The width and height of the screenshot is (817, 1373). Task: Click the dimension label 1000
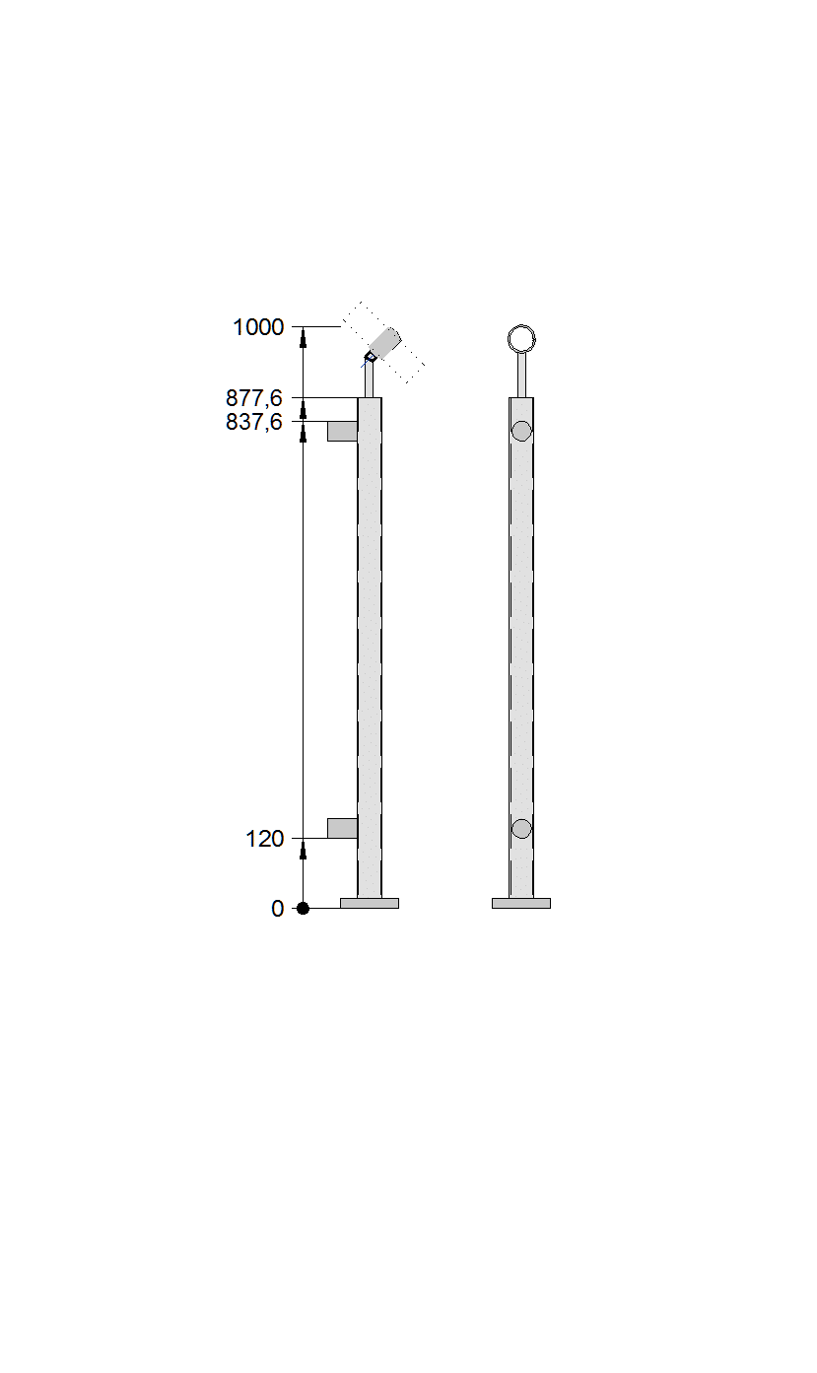click(258, 327)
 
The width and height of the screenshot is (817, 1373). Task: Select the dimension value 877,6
click(254, 398)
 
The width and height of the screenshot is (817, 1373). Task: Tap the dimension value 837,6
click(254, 422)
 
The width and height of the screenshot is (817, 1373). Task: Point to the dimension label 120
click(265, 839)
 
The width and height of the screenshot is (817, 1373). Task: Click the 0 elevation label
click(278, 909)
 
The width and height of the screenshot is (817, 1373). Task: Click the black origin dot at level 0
click(303, 909)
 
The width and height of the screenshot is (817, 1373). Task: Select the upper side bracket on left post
click(343, 431)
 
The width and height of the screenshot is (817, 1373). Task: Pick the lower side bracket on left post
click(343, 828)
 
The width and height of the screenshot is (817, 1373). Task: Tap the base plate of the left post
click(370, 903)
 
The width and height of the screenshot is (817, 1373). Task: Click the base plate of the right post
click(521, 903)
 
